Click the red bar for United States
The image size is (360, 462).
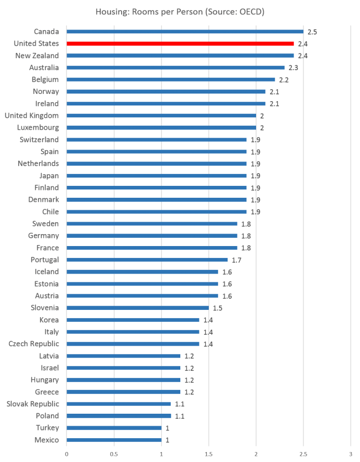tap(180, 44)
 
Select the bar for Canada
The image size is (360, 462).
tap(184, 32)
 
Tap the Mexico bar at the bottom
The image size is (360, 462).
tap(114, 440)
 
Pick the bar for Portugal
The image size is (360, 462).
tap(147, 260)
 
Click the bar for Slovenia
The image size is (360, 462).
tap(138, 308)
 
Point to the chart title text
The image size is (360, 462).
tap(180, 11)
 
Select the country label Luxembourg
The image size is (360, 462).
tap(38, 128)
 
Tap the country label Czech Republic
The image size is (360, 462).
tap(34, 344)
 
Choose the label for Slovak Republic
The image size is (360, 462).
tap(33, 403)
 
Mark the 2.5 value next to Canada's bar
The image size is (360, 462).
tap(312, 32)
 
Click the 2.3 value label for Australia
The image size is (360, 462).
tap(293, 68)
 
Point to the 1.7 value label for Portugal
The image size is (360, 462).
tap(236, 260)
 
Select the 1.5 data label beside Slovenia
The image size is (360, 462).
tap(217, 308)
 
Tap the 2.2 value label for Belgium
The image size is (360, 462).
tap(284, 80)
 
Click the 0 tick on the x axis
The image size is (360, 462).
tap(66, 453)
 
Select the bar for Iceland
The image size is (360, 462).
tap(142, 271)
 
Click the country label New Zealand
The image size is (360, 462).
tap(37, 56)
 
